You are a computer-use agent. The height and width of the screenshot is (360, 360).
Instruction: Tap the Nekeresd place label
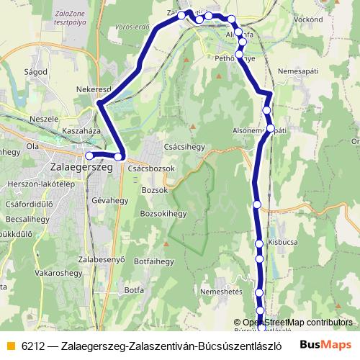click(92, 89)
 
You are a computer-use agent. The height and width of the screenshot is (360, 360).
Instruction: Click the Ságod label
click(35, 72)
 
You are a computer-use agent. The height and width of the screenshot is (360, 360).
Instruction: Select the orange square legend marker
click(9, 344)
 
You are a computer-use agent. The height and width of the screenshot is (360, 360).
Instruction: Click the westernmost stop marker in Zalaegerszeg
click(89, 155)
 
